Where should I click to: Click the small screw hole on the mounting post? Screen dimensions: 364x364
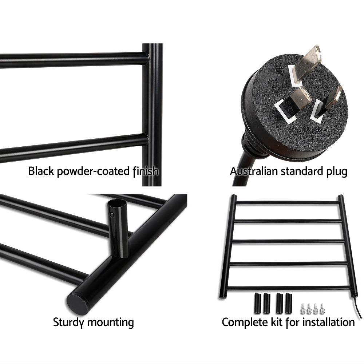click(x=112, y=215)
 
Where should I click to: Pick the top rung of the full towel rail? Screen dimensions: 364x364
click(x=288, y=202)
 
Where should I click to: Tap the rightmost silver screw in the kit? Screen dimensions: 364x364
click(x=321, y=309)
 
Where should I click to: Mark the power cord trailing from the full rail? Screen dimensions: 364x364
click(x=359, y=309)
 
